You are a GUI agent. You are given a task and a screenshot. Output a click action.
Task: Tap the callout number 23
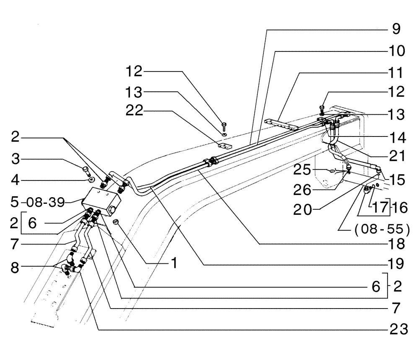tap(396, 330)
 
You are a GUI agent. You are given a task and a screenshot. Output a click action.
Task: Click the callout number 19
tap(395, 264)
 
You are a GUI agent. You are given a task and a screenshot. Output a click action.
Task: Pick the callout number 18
tap(395, 243)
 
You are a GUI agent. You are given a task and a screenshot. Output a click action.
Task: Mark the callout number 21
tap(396, 157)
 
